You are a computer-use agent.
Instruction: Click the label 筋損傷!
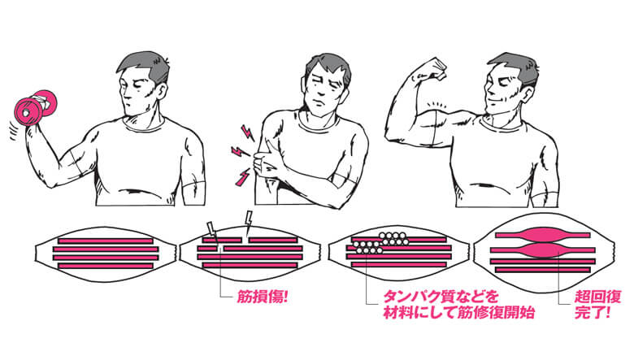(263, 297)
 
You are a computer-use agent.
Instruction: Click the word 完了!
(593, 312)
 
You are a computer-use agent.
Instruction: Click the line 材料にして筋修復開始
(459, 312)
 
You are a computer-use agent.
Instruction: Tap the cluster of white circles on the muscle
(381, 242)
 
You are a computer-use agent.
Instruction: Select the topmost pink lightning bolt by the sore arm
(247, 132)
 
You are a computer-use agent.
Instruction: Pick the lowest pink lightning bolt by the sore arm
(243, 177)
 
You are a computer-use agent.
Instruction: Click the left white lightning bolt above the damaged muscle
(212, 231)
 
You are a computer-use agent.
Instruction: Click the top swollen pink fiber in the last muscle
(543, 235)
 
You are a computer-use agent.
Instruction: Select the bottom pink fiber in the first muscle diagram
(106, 266)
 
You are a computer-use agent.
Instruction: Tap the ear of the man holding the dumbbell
(160, 92)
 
